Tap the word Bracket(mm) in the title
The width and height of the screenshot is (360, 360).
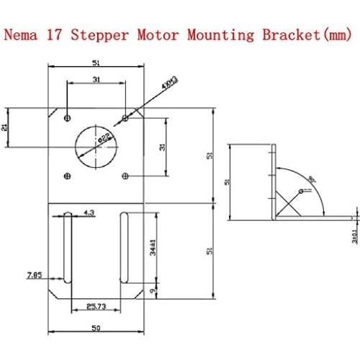(x=294, y=34)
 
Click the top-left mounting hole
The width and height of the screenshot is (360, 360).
(x=67, y=117)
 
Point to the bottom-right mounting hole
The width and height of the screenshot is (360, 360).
(x=125, y=174)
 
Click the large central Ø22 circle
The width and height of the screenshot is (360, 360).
(x=96, y=145)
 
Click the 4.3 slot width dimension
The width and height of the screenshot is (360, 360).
(x=89, y=213)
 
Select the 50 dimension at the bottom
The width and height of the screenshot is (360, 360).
(x=96, y=327)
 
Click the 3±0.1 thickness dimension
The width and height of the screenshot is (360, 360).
(x=354, y=236)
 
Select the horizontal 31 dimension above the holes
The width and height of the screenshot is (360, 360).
(x=96, y=81)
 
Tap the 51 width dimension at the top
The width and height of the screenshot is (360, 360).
(x=96, y=63)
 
